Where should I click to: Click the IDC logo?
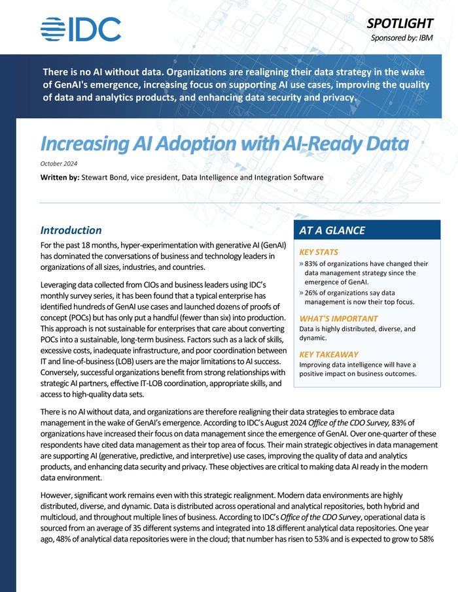(80, 29)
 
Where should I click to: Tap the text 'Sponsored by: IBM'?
(411, 38)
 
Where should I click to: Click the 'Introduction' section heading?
(71, 230)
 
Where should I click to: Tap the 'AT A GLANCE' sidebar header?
(332, 230)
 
